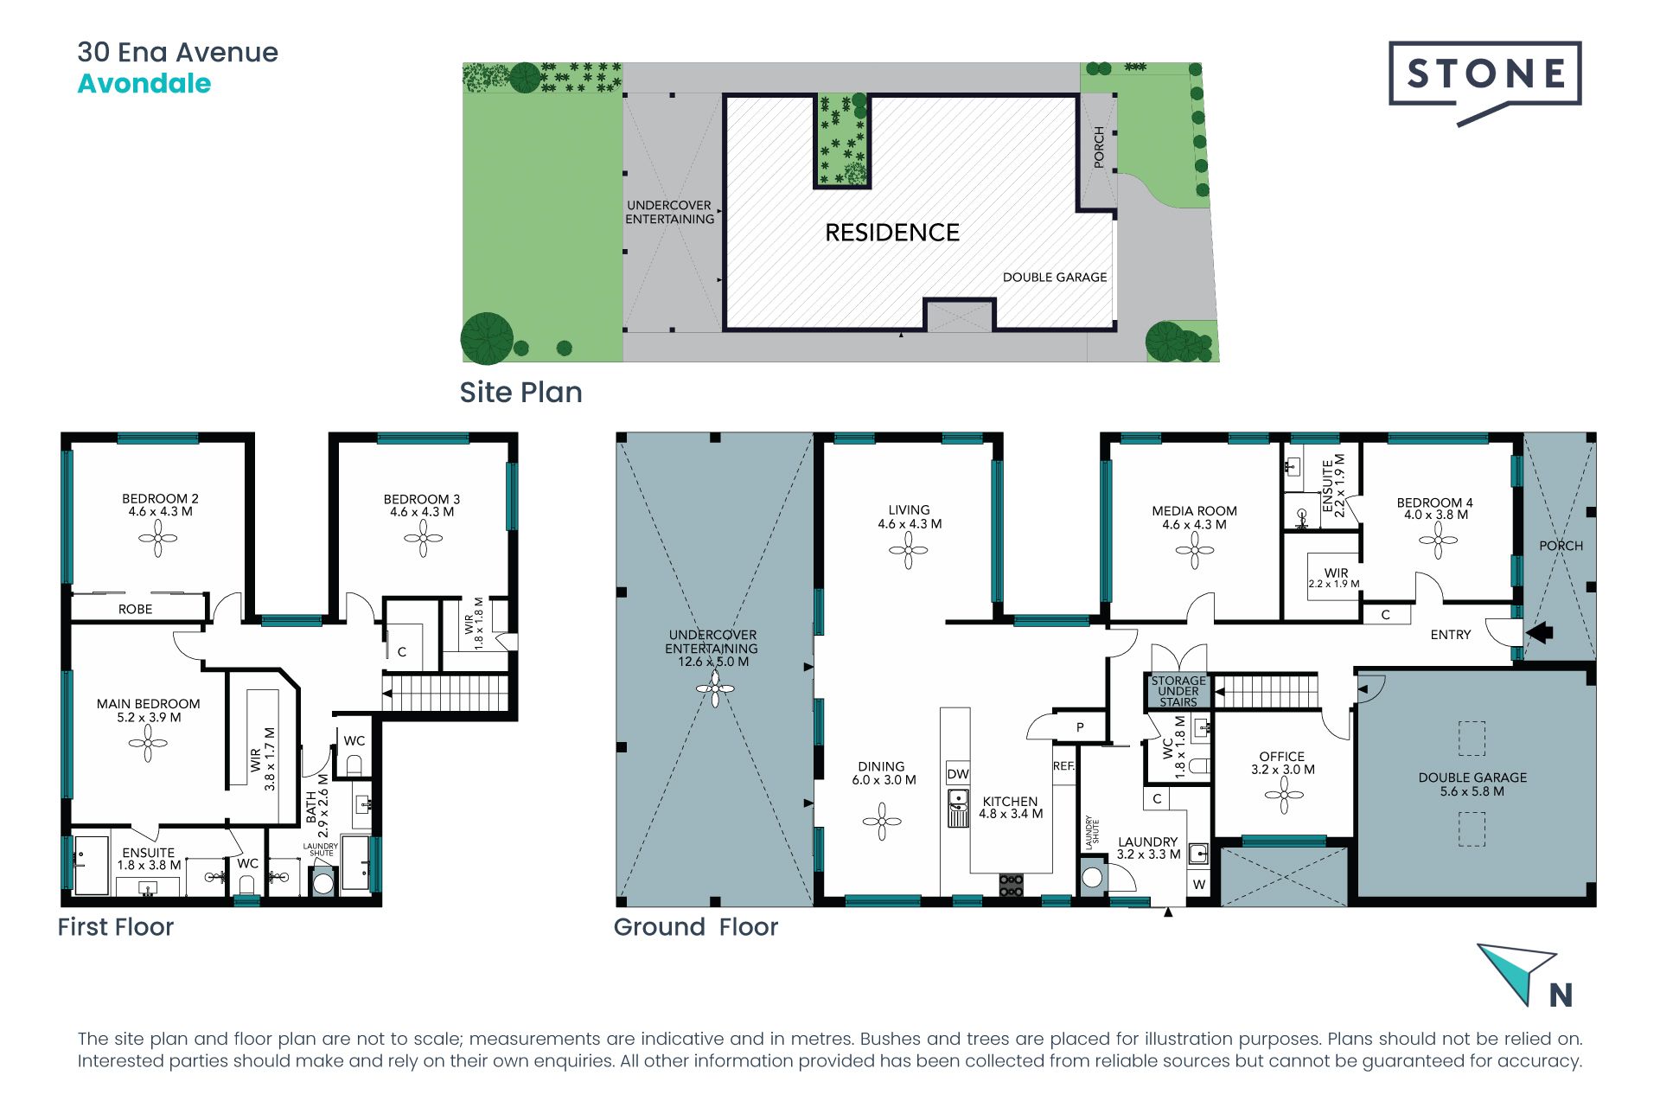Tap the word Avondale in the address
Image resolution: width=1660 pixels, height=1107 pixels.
[x=144, y=84]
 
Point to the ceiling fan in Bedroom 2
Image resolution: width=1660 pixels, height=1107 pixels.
[x=158, y=539]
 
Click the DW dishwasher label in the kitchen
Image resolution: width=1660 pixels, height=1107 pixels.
[x=958, y=774]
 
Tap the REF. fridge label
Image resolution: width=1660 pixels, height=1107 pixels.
[x=1064, y=766]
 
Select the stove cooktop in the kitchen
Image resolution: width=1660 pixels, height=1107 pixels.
[x=1011, y=885]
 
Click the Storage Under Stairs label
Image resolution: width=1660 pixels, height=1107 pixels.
[x=1178, y=691]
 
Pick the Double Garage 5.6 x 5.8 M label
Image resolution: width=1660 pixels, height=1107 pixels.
[x=1472, y=784]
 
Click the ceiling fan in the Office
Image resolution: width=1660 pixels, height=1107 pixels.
[x=1284, y=795]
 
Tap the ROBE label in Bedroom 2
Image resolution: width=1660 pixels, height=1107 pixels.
[x=135, y=609]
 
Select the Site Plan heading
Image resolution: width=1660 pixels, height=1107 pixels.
[x=520, y=393]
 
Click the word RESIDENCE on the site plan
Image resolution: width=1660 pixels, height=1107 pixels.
[x=892, y=233]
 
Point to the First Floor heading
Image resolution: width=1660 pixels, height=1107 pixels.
[x=116, y=927]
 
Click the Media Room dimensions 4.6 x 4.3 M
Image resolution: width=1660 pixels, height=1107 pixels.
[x=1194, y=525]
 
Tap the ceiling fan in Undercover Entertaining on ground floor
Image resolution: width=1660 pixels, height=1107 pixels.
[x=715, y=689]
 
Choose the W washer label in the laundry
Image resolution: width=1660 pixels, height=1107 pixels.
[x=1199, y=885]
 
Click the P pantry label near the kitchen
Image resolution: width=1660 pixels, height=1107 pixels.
[x=1080, y=727]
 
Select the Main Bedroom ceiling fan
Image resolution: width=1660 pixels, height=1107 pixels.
[x=148, y=743]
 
